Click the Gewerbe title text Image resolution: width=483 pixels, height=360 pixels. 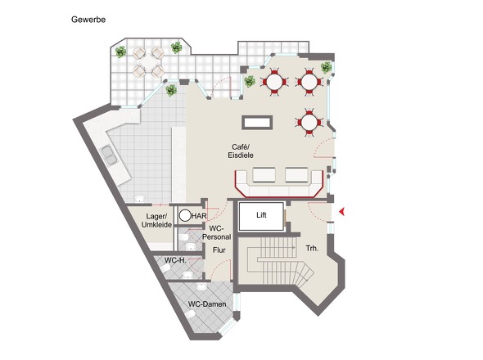point(88,20)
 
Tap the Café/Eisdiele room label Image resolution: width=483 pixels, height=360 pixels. point(241,151)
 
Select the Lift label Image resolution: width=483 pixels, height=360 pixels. point(261,215)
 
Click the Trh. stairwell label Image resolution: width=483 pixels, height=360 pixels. point(312,248)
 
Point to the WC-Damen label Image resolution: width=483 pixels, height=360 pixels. point(207,304)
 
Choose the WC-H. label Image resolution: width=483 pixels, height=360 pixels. point(175,260)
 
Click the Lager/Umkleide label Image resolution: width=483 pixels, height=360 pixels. point(156,220)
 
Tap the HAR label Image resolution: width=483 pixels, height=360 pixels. point(199,216)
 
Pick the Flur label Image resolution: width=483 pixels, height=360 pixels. point(219,250)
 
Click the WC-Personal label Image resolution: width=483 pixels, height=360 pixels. point(216,232)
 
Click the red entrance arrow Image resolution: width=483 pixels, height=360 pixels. point(341,212)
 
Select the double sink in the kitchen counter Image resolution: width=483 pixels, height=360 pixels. point(110,155)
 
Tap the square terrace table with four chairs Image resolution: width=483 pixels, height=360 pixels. point(148,62)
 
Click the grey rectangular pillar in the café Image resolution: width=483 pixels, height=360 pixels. point(257,122)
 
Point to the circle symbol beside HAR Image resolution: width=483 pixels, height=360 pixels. point(185,216)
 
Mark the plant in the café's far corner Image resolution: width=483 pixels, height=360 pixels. point(326,67)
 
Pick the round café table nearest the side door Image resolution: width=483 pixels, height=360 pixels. point(309,123)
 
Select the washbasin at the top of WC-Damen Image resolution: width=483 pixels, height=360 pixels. point(201,287)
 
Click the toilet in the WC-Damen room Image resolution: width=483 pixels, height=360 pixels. point(191,314)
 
